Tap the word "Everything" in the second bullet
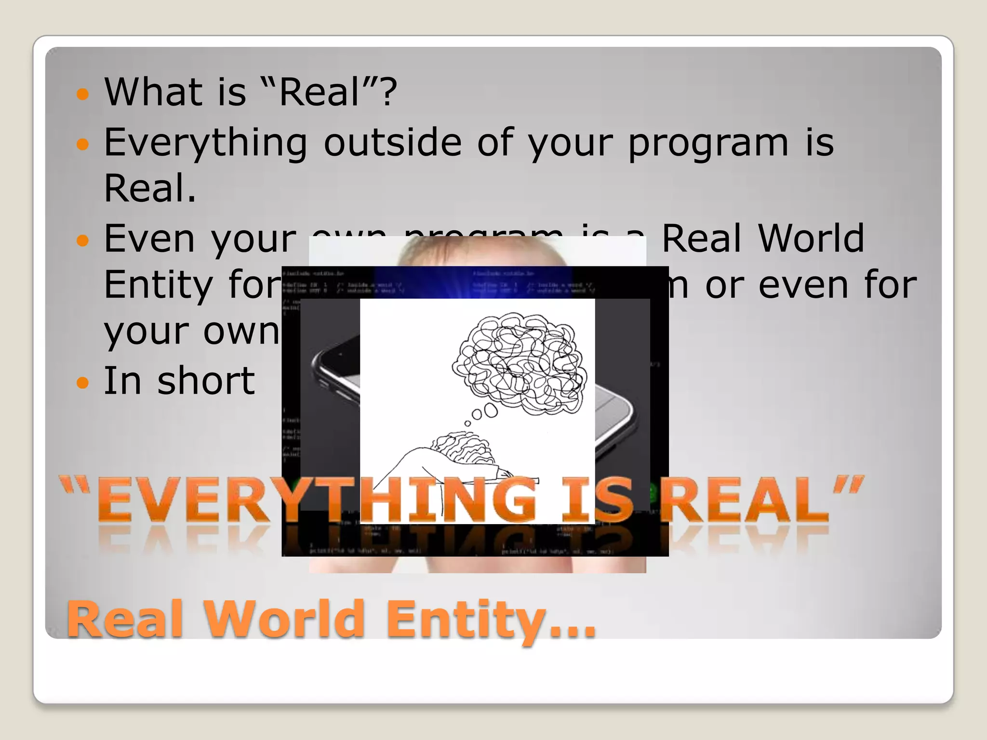205,143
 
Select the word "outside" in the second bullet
392,142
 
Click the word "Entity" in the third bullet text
158,285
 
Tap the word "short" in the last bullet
206,381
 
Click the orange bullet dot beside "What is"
83,93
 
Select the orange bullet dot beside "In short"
83,383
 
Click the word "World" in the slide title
284,619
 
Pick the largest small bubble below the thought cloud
491,410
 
